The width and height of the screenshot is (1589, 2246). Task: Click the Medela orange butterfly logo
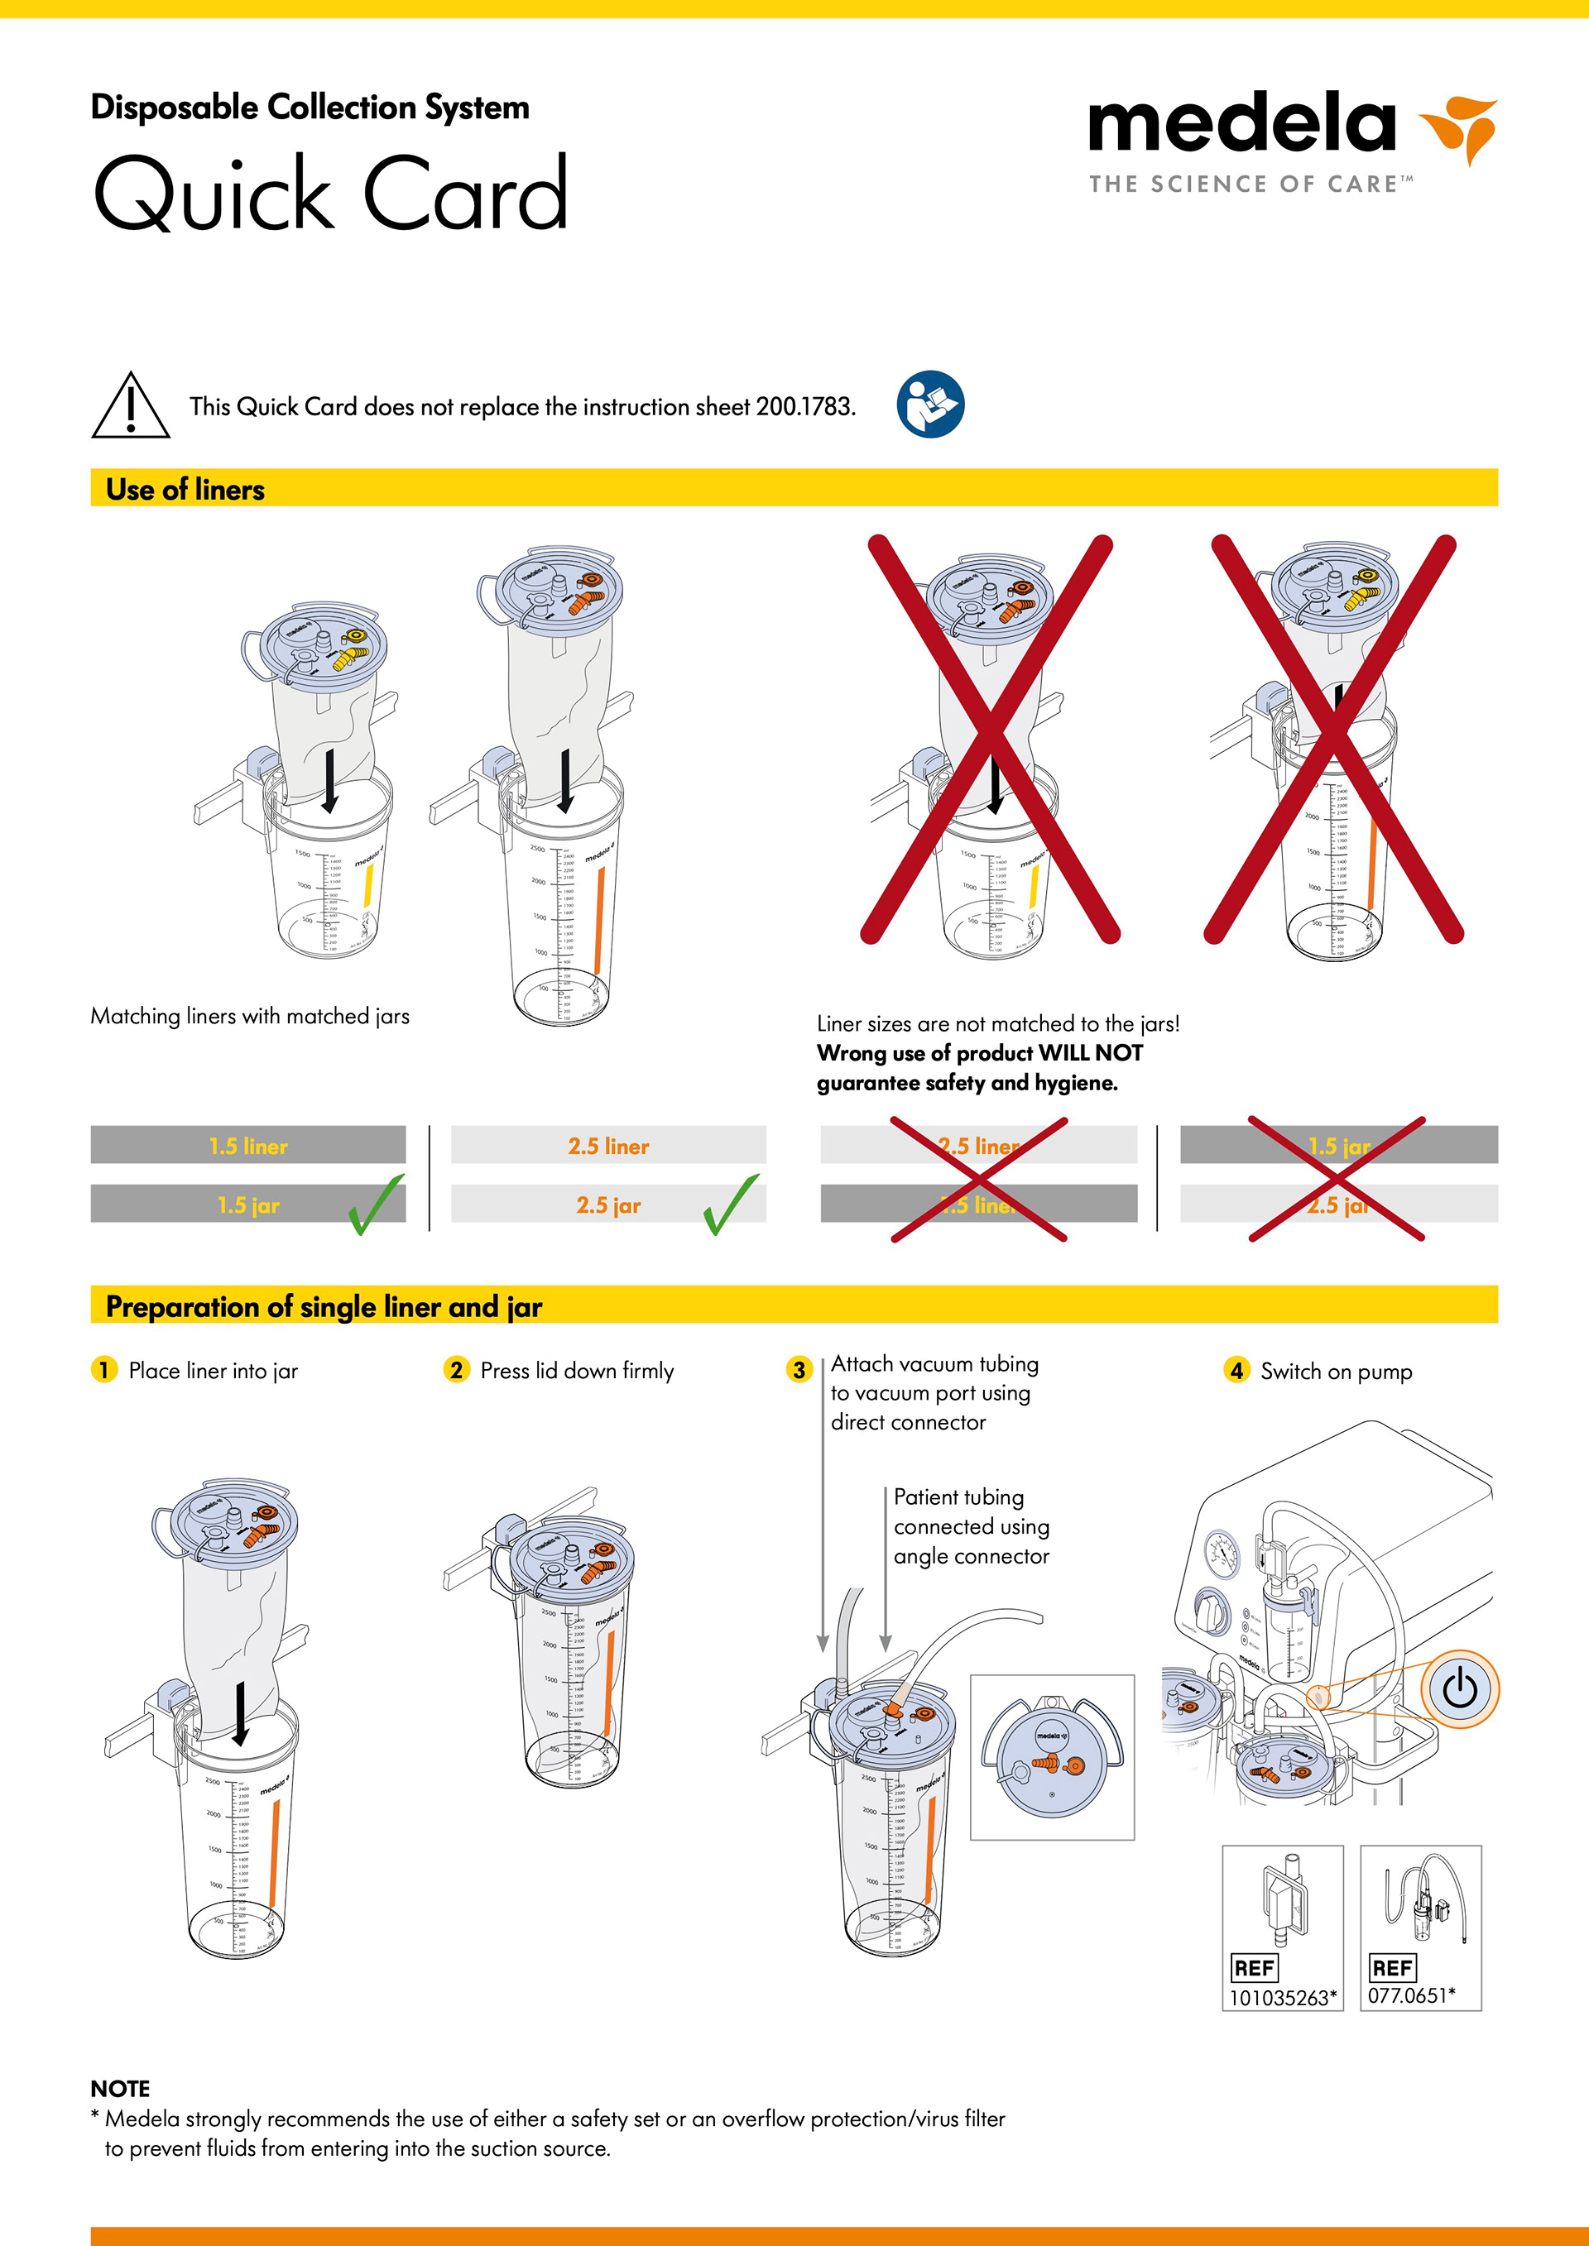click(1460, 127)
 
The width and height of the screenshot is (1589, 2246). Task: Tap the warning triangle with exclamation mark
click(130, 406)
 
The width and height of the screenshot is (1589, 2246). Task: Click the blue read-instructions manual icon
click(929, 404)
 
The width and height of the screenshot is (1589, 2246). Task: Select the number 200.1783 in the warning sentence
click(804, 407)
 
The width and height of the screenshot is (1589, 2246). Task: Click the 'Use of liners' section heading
click(185, 489)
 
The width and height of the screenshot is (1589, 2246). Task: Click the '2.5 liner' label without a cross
click(607, 1146)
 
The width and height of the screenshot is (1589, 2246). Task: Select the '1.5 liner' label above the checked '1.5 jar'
click(247, 1146)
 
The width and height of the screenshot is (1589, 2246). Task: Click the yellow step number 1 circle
click(103, 1369)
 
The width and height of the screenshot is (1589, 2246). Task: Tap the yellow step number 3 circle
click(799, 1369)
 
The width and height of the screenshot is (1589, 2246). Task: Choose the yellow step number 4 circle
click(1236, 1369)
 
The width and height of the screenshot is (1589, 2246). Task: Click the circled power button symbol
click(1460, 1688)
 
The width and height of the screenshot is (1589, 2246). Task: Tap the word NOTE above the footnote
click(120, 2089)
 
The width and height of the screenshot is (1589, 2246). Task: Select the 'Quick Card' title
click(331, 193)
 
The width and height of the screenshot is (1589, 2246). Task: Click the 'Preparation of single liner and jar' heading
click(324, 1307)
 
